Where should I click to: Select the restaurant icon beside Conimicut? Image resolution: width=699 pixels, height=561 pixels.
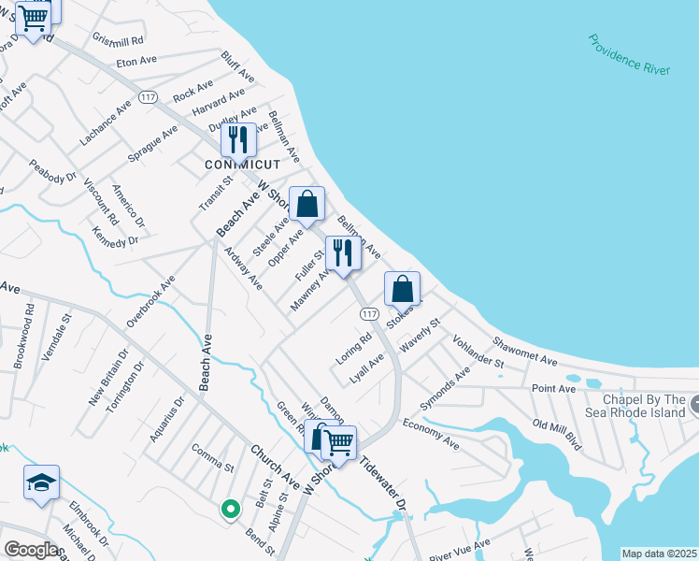point(238,139)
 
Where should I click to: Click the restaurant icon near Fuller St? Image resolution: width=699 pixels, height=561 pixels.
point(343,252)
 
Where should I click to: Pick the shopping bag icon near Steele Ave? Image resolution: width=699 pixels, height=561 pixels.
point(307,205)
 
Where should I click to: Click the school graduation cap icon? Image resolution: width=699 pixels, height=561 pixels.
point(41,482)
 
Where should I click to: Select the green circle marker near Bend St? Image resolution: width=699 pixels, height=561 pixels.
point(230,509)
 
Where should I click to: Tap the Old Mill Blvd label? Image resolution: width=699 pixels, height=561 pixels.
point(557,436)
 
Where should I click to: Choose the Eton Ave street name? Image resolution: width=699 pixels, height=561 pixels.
point(136,61)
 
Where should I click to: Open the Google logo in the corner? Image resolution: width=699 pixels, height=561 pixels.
point(31,550)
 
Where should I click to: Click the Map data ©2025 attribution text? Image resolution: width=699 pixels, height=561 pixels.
point(660,554)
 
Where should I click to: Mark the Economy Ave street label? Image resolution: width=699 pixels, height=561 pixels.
point(431,433)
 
